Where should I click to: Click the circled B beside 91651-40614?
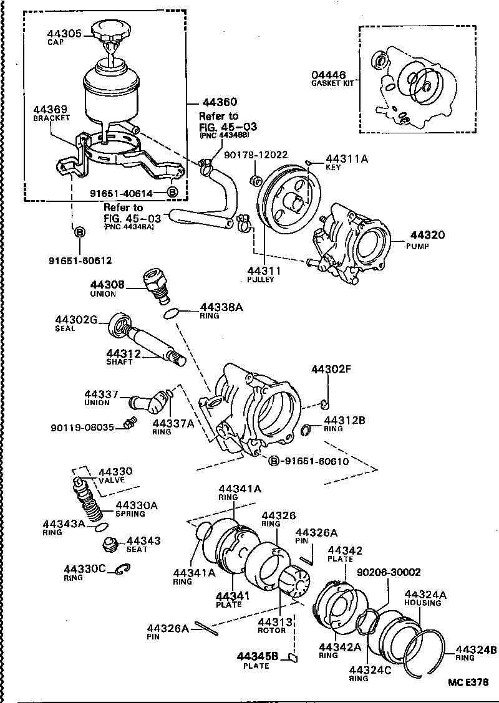tap(173, 191)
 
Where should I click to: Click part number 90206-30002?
tap(388, 571)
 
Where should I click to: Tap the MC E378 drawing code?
tap(467, 682)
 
